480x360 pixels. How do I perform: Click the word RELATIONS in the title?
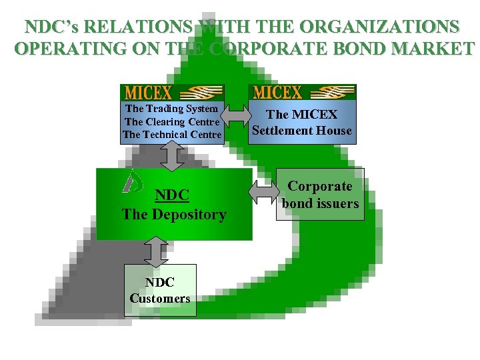pyautogui.click(x=141, y=27)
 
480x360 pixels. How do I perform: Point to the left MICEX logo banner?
pyautogui.click(x=172, y=92)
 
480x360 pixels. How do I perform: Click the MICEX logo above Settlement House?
pyautogui.click(x=302, y=91)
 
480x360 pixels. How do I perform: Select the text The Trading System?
pyautogui.click(x=172, y=108)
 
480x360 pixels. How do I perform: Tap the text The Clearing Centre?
pyautogui.click(x=172, y=121)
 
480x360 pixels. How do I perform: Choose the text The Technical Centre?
pyautogui.click(x=172, y=135)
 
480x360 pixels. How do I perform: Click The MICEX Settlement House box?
pyautogui.click(x=302, y=123)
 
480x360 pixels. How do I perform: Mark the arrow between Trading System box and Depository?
pyautogui.click(x=171, y=155)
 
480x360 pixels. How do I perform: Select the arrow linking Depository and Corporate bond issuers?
pyautogui.click(x=264, y=193)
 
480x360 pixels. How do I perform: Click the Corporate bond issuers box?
pyautogui.click(x=320, y=195)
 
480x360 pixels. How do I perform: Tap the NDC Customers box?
pyautogui.click(x=160, y=290)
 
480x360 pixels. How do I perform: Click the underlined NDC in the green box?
pyautogui.click(x=173, y=195)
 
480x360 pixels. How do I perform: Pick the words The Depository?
pyautogui.click(x=174, y=215)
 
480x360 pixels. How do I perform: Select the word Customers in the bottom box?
pyautogui.click(x=160, y=298)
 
